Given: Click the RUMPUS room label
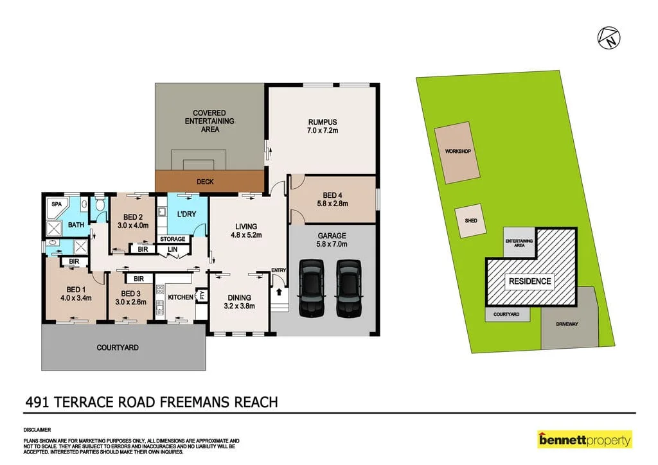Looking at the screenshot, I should click(323, 122).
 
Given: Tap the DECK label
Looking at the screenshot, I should click(204, 182).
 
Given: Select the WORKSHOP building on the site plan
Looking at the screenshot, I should click(458, 152).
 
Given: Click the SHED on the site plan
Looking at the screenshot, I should click(470, 220).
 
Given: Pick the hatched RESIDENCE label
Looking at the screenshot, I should click(530, 281).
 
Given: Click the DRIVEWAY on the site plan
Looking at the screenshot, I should click(567, 324).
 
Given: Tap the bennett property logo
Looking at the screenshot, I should click(584, 440).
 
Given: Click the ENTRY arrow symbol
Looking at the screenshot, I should click(279, 292).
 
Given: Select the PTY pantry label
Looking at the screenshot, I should click(201, 296).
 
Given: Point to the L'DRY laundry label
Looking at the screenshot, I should click(186, 213).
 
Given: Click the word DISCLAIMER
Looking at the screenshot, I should click(37, 430).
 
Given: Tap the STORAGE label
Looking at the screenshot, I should click(173, 239).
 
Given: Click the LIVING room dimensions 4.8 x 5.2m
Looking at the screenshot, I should click(245, 235).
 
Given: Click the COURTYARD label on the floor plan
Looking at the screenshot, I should click(118, 347).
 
